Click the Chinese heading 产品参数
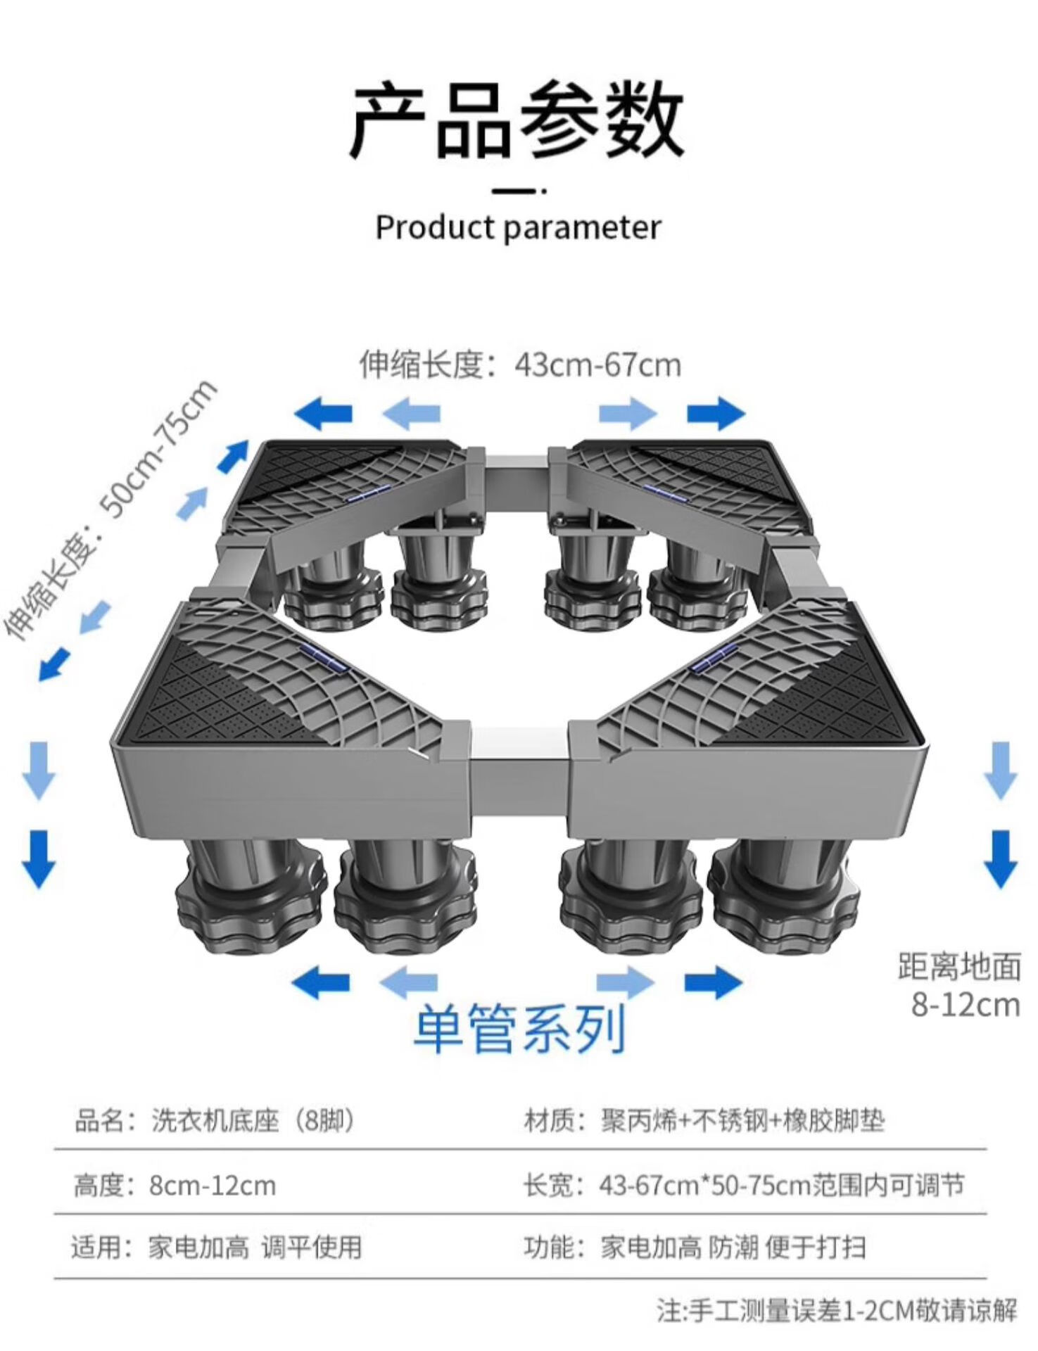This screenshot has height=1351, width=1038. tap(517, 120)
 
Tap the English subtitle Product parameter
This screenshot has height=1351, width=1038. tap(518, 227)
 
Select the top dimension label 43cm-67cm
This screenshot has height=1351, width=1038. tap(597, 365)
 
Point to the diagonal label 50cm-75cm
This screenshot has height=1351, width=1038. tap(158, 448)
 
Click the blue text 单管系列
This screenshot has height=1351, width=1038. tap(519, 1029)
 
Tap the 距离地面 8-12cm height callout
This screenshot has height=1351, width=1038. tap(959, 986)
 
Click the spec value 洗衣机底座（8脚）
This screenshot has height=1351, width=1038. tap(253, 1120)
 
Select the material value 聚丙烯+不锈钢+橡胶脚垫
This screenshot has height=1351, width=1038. tap(742, 1120)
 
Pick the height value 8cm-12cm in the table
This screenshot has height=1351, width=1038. tap(212, 1186)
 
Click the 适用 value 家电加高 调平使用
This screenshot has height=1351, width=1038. tap(255, 1248)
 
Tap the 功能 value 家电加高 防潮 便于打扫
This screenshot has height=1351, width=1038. tap(733, 1248)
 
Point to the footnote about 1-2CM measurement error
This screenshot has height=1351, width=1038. tap(837, 1310)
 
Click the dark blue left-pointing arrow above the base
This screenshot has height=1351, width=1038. tap(323, 414)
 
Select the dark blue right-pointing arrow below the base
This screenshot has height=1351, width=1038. tap(714, 982)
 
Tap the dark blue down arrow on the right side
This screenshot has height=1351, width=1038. tap(1000, 858)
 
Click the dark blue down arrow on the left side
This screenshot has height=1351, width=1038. tap(39, 858)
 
